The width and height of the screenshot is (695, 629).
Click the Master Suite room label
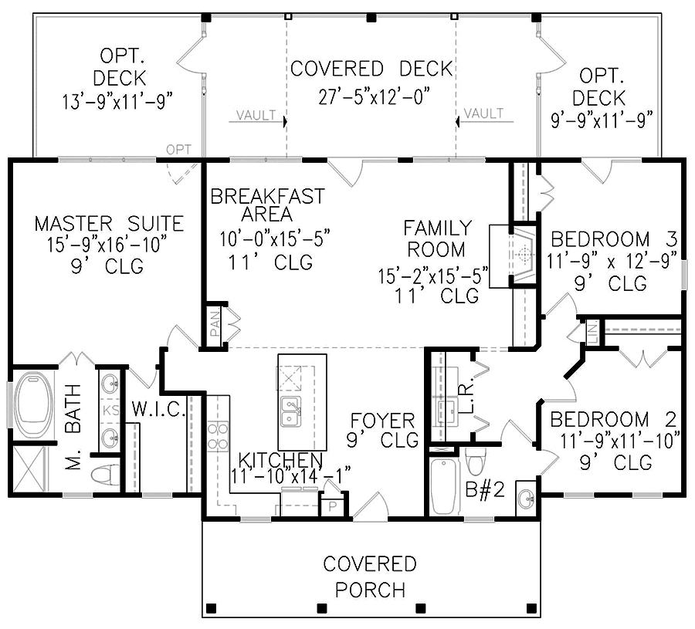[x=109, y=225]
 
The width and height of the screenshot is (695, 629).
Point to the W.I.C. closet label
[x=157, y=410]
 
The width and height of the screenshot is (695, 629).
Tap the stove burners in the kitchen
[x=218, y=436]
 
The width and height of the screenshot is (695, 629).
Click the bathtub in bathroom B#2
[x=445, y=485]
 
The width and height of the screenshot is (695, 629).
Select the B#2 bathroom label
[x=485, y=491]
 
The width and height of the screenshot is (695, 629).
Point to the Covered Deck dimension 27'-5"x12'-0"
[x=374, y=96]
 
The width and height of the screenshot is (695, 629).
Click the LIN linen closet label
[x=592, y=333]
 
